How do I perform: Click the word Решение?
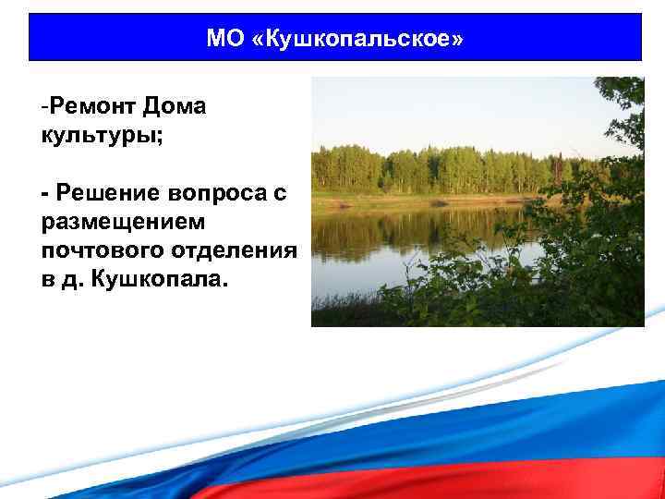pyautogui.click(x=106, y=193)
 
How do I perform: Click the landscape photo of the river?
pyautogui.click(x=478, y=201)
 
